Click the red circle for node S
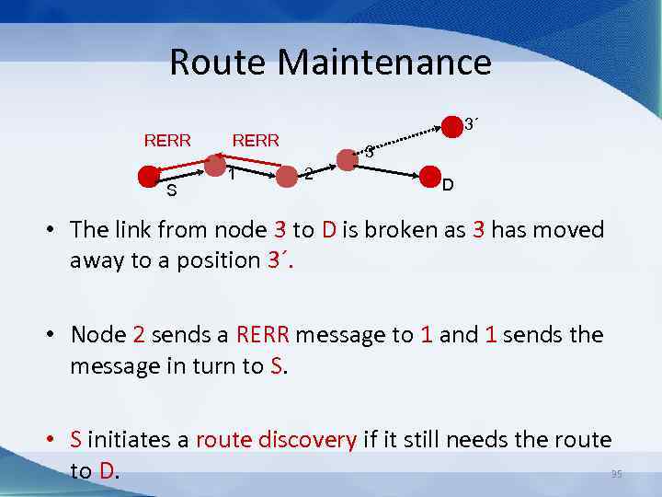147,176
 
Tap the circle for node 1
214,166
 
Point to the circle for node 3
347,159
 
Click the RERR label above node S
167,141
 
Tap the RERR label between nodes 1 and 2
256,141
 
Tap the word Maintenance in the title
383,63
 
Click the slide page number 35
616,474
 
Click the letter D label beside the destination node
447,187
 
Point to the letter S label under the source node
171,191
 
